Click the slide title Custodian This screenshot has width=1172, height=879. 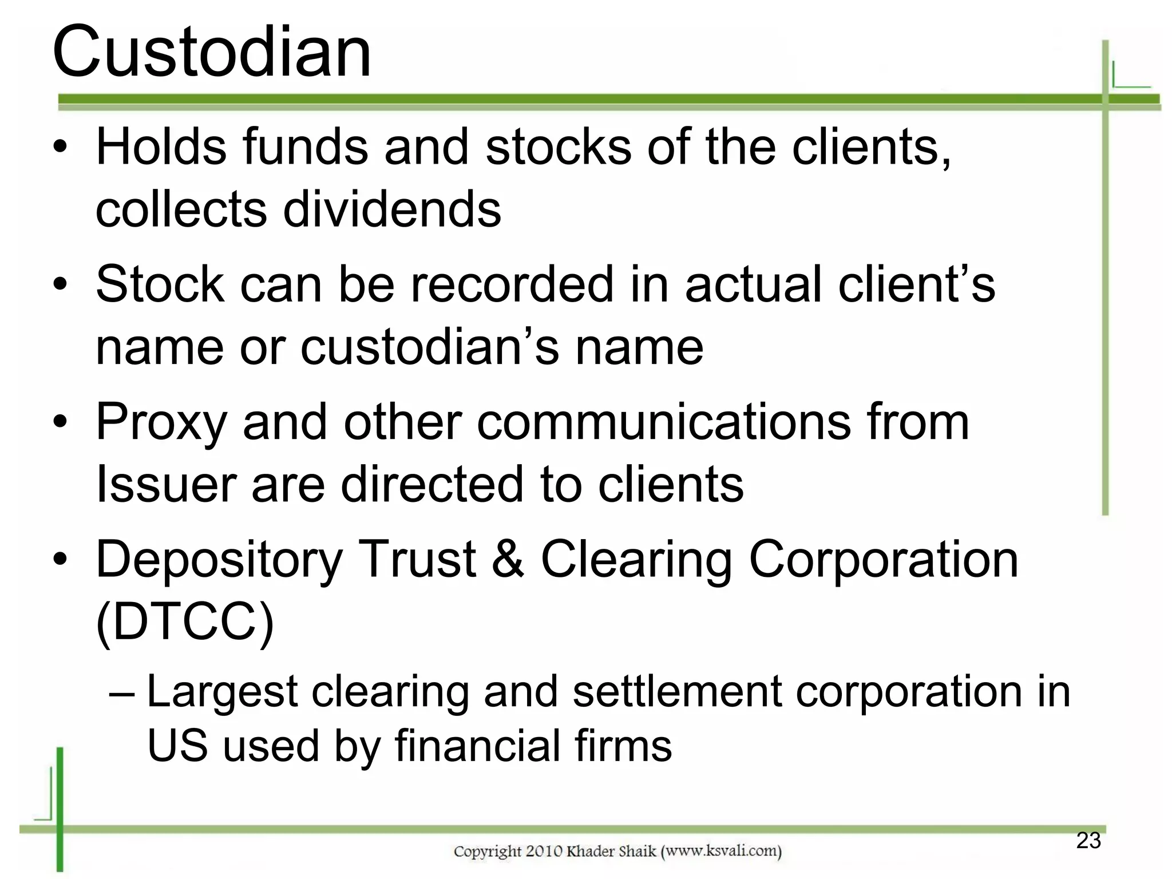pos(212,53)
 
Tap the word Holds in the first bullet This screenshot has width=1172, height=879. pos(161,147)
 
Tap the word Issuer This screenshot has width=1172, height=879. pos(166,484)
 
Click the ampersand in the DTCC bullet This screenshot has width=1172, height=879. pos(508,559)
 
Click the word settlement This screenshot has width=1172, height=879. pos(676,692)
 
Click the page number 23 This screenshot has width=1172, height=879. pos(1088,841)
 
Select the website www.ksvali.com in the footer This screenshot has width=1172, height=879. pos(721,851)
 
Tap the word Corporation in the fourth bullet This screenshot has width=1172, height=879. pos(884,559)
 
